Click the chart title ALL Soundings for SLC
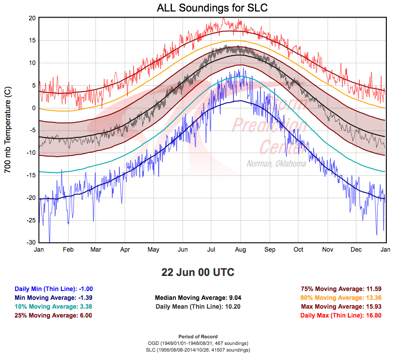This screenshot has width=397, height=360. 212,8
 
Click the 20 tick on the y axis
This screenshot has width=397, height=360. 31,18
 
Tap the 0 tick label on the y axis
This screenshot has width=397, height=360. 33,108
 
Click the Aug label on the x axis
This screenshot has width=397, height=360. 240,249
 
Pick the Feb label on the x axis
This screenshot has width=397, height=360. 68,249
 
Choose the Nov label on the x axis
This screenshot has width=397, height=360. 327,249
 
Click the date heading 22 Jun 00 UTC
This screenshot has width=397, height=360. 198,272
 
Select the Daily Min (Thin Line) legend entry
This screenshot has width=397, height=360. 53,289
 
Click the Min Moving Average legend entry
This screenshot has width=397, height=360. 53,298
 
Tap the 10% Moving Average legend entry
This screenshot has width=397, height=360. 53,306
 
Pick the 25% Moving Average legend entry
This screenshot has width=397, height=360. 53,315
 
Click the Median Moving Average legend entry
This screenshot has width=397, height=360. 198,298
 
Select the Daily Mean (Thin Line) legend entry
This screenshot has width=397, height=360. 198,306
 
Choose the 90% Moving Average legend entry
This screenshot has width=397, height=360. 341,298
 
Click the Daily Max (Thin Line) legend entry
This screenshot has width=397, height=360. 341,315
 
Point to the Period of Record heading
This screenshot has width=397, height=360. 198,337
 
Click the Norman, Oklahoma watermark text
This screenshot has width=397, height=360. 276,164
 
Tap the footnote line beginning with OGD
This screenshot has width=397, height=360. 198,343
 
